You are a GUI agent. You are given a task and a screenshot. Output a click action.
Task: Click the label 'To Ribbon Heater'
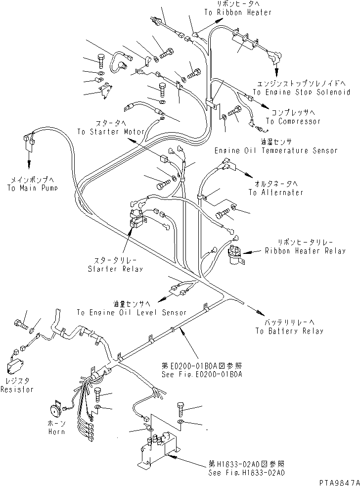(238, 12)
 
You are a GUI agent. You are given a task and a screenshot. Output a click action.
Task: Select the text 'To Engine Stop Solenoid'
(302, 92)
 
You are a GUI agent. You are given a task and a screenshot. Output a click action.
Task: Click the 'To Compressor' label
(293, 121)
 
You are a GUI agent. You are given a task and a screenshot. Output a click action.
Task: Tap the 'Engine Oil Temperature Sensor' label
(276, 150)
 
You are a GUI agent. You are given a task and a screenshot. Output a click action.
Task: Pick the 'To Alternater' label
(276, 192)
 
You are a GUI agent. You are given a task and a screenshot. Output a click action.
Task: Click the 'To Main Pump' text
(33, 188)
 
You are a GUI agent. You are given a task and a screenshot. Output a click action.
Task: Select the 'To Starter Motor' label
(111, 132)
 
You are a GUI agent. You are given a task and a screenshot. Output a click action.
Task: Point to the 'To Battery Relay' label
(289, 331)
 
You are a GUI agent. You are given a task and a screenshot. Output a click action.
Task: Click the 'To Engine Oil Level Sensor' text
(132, 312)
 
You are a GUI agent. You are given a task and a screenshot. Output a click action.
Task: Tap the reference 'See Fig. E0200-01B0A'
(202, 375)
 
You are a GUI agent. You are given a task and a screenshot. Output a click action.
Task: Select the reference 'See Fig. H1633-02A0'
(247, 473)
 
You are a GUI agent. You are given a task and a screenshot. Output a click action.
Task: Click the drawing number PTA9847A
(339, 482)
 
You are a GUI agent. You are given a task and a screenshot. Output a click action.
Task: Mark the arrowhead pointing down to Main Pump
(30, 165)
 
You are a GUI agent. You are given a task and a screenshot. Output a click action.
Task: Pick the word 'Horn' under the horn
(57, 432)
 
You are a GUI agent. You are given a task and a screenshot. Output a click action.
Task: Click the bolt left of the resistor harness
(19, 324)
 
